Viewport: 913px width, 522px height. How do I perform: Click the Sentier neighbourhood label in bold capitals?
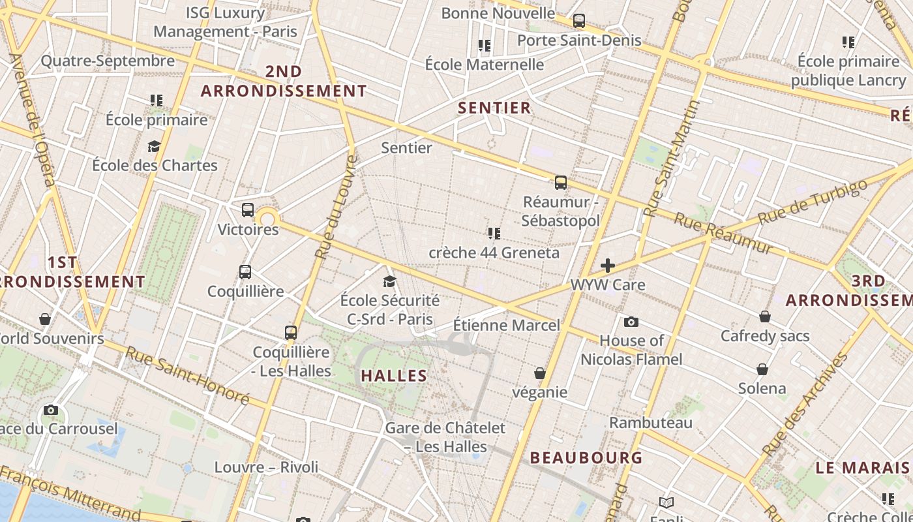[494, 108]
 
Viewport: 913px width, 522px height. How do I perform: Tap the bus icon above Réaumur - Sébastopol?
[561, 183]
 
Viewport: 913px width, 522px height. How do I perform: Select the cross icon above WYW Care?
[608, 266]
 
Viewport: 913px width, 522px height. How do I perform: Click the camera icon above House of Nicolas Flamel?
[631, 322]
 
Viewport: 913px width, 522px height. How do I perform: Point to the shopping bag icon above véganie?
[540, 373]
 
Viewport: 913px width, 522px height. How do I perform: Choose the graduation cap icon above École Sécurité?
[390, 281]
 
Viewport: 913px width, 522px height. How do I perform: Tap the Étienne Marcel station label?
[506, 325]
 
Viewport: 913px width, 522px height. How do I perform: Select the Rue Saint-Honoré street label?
[187, 375]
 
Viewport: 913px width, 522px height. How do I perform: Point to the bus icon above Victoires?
[248, 210]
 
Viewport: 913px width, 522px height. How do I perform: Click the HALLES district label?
[394, 376]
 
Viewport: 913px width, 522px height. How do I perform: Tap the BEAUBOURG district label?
[586, 457]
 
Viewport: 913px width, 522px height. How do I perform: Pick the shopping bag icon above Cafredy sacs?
[765, 317]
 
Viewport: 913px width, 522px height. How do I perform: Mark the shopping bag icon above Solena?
[762, 370]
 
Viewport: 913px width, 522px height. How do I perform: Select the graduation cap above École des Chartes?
[155, 146]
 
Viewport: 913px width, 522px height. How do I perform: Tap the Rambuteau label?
[650, 423]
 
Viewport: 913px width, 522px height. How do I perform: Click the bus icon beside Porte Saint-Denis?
[579, 21]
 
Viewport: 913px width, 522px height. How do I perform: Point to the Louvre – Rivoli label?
[266, 467]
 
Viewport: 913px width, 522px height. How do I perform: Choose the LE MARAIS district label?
[862, 468]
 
